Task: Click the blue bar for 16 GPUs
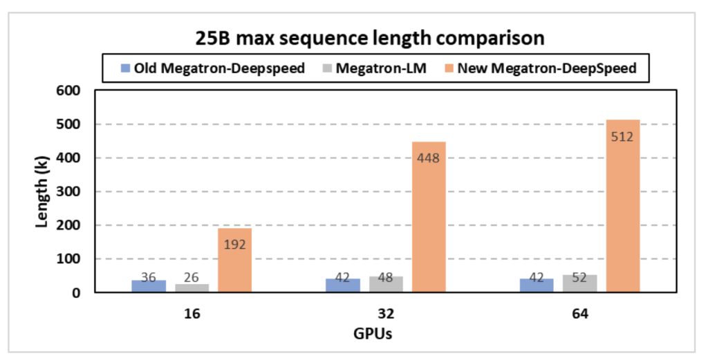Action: tap(149, 286)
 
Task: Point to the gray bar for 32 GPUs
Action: tap(386, 285)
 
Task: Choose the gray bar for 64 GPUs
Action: tap(579, 284)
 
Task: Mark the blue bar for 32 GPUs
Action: tap(343, 285)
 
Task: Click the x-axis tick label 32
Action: tap(386, 312)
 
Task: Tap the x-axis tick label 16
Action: tap(192, 312)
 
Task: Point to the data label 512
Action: tap(622, 136)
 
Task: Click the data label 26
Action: tap(192, 278)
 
